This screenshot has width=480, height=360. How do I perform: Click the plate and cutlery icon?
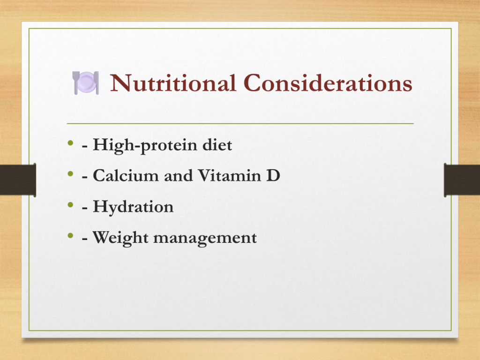86,82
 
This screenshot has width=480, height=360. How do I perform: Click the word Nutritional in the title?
173,82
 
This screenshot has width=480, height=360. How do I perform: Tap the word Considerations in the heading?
328,82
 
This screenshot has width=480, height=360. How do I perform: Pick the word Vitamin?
229,175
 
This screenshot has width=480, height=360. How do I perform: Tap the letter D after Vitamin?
273,175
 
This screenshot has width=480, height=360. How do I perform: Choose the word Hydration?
133,207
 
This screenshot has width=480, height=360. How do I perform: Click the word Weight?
120,238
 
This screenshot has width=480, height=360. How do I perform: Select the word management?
205,239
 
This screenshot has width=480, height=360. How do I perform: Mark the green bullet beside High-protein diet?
71,142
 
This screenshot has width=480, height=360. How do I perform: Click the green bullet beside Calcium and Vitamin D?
71,174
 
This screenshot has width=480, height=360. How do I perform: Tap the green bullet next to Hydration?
71,204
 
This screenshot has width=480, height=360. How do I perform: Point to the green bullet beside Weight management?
71,235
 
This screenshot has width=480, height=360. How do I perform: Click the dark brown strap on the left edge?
18,180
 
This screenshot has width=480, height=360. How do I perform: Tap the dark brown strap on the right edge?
462,180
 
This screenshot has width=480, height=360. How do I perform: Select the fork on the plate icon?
75,82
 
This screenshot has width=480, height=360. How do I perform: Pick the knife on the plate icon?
97,82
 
